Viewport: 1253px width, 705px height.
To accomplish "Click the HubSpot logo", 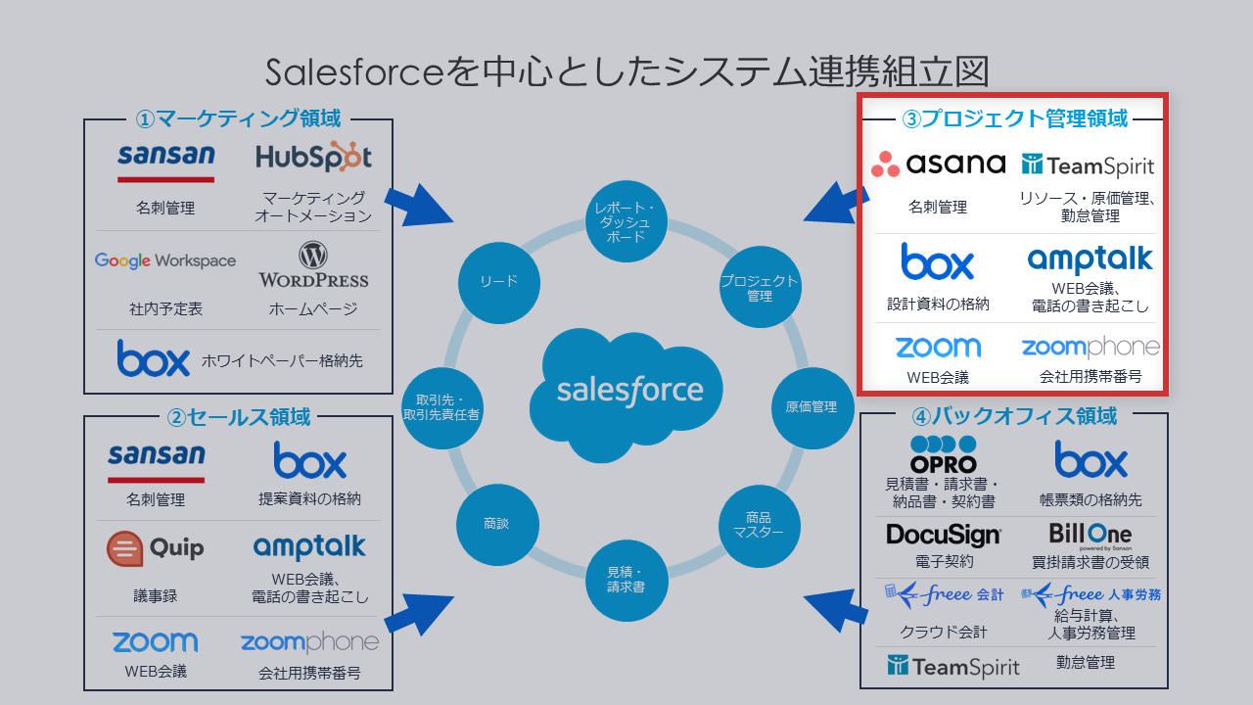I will click(x=313, y=157).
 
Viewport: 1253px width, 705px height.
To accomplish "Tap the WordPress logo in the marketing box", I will click(x=313, y=265).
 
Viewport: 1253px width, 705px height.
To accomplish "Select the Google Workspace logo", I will click(x=165, y=260).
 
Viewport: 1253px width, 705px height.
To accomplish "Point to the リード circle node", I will click(x=498, y=282).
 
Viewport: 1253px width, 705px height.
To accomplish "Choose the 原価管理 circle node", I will click(x=812, y=406).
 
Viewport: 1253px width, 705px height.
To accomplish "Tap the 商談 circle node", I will click(x=497, y=524).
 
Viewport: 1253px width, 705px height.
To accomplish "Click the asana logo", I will click(x=938, y=164).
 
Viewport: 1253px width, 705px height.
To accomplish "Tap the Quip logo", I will click(x=156, y=547).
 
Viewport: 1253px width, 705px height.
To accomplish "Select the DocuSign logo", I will click(x=944, y=535).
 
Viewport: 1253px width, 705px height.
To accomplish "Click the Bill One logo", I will click(x=1090, y=536).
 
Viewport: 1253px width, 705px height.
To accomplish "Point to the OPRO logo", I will click(x=943, y=456).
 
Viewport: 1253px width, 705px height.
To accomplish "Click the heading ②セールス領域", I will click(x=239, y=417).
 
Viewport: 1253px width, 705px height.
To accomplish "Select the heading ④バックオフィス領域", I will click(x=1014, y=416).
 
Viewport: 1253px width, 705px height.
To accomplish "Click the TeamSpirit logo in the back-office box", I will click(x=952, y=667).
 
